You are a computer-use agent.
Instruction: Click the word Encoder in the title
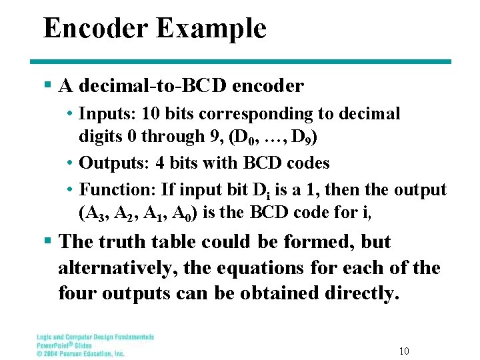[95, 29]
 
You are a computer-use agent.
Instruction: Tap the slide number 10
[404, 351]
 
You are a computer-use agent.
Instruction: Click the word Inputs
[104, 114]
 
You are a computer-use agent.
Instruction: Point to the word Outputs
[110, 163]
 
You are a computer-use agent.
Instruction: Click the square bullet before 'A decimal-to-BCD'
[47, 86]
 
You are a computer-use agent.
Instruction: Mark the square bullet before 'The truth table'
[47, 241]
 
